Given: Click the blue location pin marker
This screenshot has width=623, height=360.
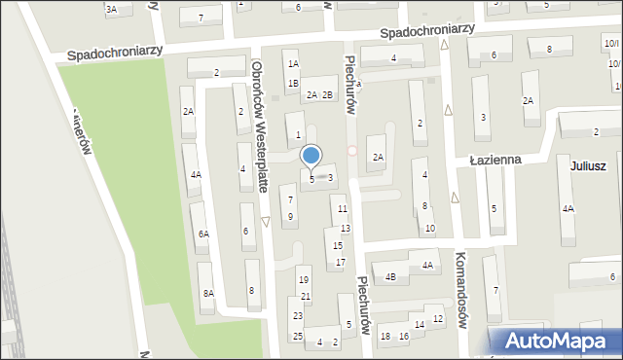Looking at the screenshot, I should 311,157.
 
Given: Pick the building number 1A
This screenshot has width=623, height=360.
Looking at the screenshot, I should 292,63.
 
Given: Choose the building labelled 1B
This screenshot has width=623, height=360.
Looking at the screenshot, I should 292,83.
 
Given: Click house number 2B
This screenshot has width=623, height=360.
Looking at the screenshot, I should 328,94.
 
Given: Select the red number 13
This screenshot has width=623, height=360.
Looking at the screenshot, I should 346,228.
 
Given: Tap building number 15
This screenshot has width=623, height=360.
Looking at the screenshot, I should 337,245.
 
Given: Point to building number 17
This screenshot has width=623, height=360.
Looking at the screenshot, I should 340,263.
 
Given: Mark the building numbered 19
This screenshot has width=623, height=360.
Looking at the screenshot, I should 304,280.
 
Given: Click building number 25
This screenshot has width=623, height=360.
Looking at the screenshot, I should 298,336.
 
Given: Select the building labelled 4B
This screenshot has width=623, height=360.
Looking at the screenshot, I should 390,276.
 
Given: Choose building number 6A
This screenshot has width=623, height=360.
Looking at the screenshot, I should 203,234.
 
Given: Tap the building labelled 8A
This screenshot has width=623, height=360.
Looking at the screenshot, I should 207,293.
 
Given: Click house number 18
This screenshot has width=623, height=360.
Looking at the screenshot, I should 385,336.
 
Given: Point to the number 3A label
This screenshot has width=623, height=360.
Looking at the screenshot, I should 112,9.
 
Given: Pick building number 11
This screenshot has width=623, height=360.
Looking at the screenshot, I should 341,209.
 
